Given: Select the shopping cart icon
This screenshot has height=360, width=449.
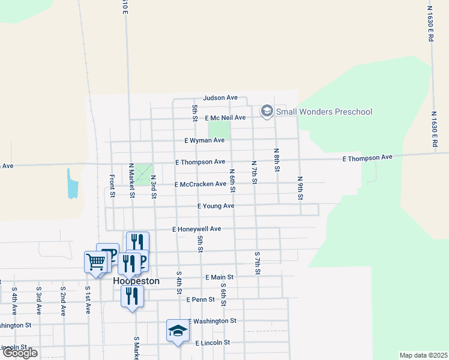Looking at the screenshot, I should click(x=95, y=262).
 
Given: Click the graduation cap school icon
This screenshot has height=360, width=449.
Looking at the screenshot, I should click(x=177, y=330).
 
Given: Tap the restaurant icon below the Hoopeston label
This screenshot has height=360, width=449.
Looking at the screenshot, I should click(x=132, y=296).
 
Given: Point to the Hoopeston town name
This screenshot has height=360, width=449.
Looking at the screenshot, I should click(x=137, y=281).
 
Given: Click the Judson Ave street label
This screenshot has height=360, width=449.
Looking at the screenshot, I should click(x=220, y=97).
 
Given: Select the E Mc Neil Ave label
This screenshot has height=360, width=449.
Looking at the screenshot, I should click(x=225, y=118).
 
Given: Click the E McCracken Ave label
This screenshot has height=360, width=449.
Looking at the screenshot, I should click(x=200, y=185).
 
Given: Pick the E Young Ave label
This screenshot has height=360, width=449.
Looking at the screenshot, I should click(x=215, y=206).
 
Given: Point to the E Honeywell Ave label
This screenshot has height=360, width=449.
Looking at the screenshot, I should click(x=197, y=229).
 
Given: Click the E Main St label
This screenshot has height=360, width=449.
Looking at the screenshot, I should click(x=218, y=277).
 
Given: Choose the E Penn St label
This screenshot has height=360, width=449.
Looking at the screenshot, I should click(x=200, y=299).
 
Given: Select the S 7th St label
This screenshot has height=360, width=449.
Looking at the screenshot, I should click(x=257, y=263).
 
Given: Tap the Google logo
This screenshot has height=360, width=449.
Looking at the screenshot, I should click(x=20, y=353).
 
